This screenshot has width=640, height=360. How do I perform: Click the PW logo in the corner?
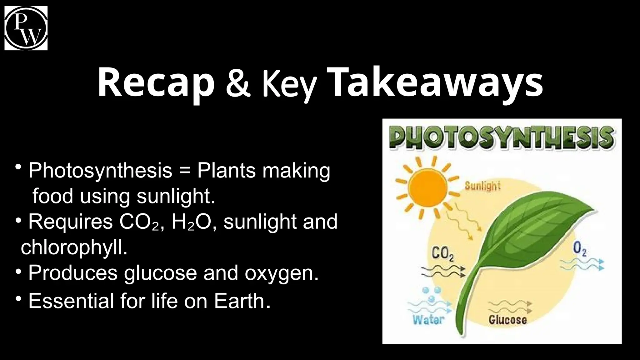(26, 28)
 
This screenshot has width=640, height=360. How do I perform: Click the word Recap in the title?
(156, 82)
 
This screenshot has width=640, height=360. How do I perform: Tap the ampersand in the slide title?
(238, 83)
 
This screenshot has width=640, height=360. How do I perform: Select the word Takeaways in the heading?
(436, 82)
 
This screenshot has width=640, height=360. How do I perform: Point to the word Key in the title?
(289, 84)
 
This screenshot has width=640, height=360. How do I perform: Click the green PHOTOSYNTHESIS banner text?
(502, 137)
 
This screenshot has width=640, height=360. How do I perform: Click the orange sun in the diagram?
(428, 188)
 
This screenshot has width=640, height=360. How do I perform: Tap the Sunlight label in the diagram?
(482, 186)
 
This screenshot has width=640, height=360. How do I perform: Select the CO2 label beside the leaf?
(442, 254)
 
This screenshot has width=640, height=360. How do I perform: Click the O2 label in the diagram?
(580, 250)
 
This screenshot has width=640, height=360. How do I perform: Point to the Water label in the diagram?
(428, 320)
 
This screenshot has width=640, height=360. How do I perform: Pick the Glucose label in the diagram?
(507, 320)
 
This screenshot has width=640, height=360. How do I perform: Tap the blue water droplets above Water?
(432, 294)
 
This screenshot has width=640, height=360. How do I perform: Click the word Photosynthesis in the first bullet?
(100, 171)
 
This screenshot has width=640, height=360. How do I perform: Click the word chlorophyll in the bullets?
(74, 247)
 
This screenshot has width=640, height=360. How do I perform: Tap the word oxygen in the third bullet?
(281, 273)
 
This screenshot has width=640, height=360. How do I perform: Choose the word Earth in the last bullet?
(242, 301)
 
